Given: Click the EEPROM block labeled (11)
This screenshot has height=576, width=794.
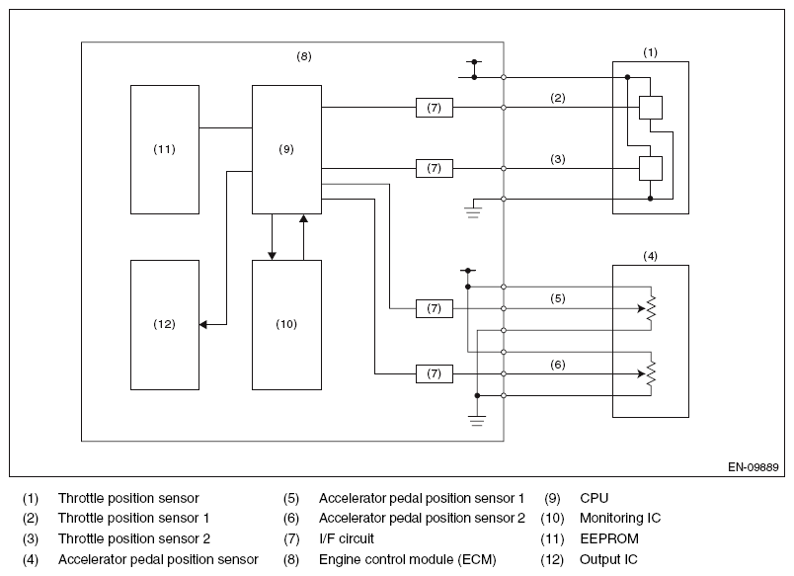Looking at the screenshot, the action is pos(165,149).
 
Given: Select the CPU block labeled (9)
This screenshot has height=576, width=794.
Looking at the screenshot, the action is pos(286,149).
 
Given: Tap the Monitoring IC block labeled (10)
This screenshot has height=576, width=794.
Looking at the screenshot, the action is pos(286,325).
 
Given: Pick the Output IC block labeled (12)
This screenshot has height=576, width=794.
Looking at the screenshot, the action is pos(165,325).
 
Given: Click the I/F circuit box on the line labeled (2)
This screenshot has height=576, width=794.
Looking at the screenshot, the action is pos(434,108).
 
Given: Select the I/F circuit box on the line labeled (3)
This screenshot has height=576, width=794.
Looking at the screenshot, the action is pos(434,168).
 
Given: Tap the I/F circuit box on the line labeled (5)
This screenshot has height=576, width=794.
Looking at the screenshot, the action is pos(434,308).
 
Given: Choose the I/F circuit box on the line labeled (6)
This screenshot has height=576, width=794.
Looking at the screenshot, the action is pos(434,373).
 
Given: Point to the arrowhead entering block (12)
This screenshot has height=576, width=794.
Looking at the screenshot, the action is pos(203,324).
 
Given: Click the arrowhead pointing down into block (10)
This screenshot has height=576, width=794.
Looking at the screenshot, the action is pos(272,256).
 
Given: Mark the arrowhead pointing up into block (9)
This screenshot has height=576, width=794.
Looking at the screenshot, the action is pos(303,218).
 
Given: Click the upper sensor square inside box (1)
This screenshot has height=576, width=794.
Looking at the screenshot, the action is pos(650,108).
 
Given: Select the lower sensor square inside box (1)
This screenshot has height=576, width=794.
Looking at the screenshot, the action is pos(650,168).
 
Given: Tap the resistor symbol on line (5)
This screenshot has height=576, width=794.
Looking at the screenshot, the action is pos(651,308).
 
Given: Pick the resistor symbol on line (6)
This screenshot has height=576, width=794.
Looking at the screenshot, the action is pos(651,373).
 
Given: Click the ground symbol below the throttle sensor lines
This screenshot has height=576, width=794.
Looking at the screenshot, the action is pos(472,211).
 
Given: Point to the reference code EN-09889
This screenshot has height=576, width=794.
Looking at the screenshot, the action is pos(753,467).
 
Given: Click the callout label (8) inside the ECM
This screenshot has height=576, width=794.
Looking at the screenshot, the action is pos(304,56).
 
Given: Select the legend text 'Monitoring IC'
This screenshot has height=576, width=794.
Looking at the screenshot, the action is pos(620,519).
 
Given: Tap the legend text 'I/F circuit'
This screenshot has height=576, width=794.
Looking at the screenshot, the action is pos(347,538).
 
